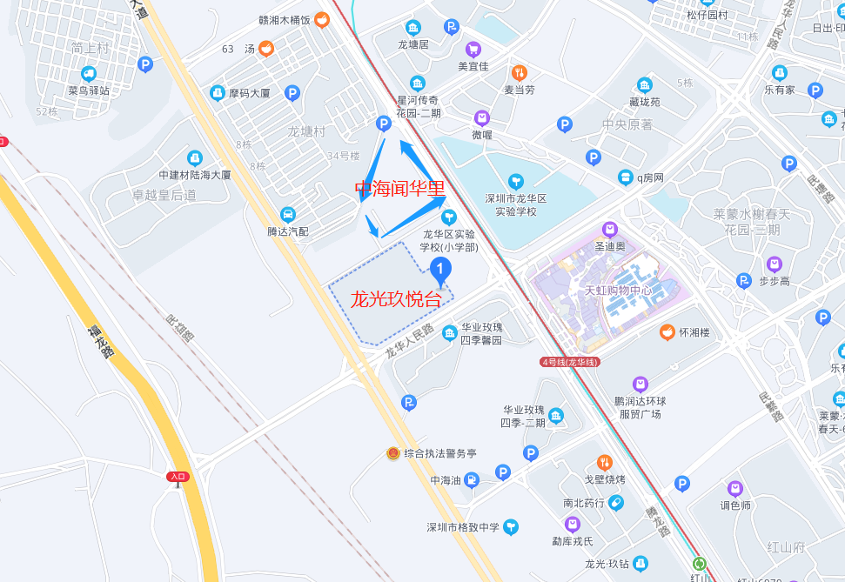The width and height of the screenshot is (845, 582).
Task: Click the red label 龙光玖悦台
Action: click(x=396, y=300)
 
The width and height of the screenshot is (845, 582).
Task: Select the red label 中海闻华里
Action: click(x=400, y=188)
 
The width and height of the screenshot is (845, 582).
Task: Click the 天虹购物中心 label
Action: click(x=618, y=291)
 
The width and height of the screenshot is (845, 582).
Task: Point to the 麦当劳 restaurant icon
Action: click(x=520, y=73)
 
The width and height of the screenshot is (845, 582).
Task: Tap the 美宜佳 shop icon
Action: click(x=473, y=50)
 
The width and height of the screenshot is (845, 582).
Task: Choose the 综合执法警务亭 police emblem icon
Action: click(x=393, y=453)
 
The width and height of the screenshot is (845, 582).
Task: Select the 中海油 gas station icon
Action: click(x=471, y=479)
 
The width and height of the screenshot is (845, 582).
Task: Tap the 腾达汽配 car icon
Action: click(x=288, y=215)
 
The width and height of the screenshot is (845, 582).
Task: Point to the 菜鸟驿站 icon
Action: click(x=89, y=74)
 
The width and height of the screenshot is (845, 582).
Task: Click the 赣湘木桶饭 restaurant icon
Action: click(x=322, y=20)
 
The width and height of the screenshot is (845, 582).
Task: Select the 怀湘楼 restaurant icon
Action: click(x=667, y=331)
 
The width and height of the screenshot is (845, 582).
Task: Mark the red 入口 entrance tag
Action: click(x=178, y=476)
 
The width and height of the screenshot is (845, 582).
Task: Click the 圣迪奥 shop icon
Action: click(x=610, y=230)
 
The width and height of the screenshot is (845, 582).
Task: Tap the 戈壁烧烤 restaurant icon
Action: click(x=605, y=462)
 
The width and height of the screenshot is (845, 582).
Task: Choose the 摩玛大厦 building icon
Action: click(x=218, y=92)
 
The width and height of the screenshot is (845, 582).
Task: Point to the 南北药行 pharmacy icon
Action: click(x=616, y=502)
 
